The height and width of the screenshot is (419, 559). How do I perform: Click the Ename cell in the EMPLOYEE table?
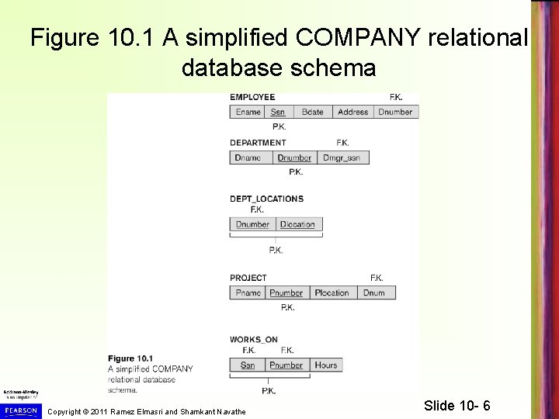tap(248, 112)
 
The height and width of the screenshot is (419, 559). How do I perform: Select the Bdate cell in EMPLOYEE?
tap(312, 112)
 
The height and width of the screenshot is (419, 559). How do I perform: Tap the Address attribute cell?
tap(352, 112)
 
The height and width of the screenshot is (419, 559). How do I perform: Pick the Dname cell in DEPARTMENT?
tap(248, 158)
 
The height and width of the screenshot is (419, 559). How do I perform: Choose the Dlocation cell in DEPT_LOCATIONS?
tap(297, 224)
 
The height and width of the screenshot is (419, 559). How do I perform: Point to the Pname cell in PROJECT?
tap(248, 293)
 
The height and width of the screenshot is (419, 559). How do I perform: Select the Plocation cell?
tap(332, 293)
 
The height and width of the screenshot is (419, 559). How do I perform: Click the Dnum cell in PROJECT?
tap(373, 293)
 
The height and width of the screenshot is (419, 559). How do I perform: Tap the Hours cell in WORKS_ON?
tap(326, 365)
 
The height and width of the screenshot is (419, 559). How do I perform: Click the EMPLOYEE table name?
tap(252, 97)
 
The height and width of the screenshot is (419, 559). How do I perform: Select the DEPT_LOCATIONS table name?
tap(266, 199)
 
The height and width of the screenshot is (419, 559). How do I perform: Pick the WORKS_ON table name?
tap(254, 339)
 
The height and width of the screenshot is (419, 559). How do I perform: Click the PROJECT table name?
tap(248, 278)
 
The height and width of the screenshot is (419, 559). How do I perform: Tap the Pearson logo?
tap(19, 409)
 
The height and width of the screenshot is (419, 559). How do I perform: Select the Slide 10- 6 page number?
tap(457, 406)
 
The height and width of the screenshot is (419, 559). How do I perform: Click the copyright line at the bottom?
tap(147, 410)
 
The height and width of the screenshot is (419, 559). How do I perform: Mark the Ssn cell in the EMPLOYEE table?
tap(277, 112)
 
